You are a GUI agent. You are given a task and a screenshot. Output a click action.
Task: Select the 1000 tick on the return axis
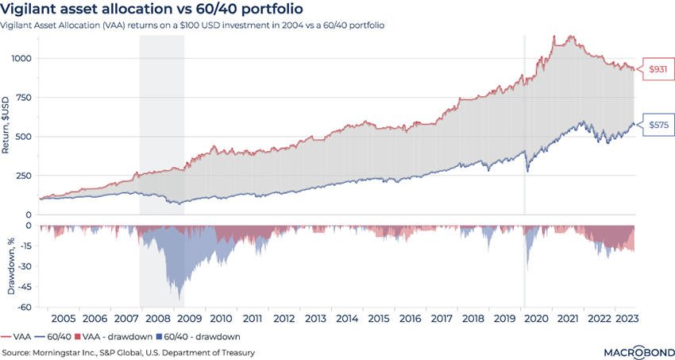[x=23, y=59]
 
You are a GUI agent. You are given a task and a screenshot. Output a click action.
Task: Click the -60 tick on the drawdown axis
[x=26, y=308]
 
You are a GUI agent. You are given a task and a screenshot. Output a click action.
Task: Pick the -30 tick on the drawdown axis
[x=26, y=266]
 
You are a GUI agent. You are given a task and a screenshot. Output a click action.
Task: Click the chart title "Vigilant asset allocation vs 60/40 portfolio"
[x=151, y=10]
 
